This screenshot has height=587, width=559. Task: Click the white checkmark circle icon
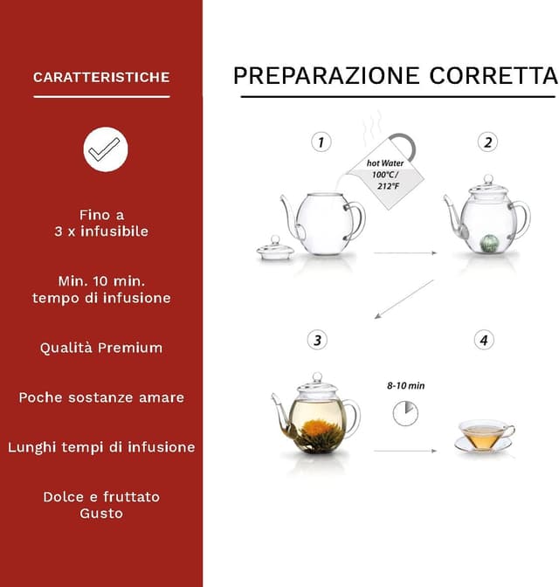(106, 149)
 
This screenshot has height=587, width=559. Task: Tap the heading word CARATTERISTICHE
(101, 78)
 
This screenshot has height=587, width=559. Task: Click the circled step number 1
(322, 142)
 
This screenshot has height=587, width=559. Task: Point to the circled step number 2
(488, 142)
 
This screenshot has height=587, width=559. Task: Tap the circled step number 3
(319, 340)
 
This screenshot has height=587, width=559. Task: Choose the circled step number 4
(485, 340)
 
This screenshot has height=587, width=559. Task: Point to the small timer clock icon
(405, 412)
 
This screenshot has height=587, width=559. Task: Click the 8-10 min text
(405, 384)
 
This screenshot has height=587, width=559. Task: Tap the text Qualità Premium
(101, 348)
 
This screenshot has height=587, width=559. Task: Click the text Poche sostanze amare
(101, 397)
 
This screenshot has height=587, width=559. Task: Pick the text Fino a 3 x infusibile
(101, 223)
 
